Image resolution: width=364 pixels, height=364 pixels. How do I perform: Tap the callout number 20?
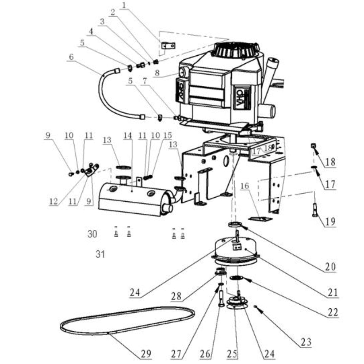330,267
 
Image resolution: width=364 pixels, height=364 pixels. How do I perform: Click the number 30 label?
92,234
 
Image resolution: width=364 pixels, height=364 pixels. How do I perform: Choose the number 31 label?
100,254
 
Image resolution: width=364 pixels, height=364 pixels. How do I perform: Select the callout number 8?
157,72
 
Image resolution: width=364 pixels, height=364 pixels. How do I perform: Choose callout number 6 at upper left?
71,57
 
